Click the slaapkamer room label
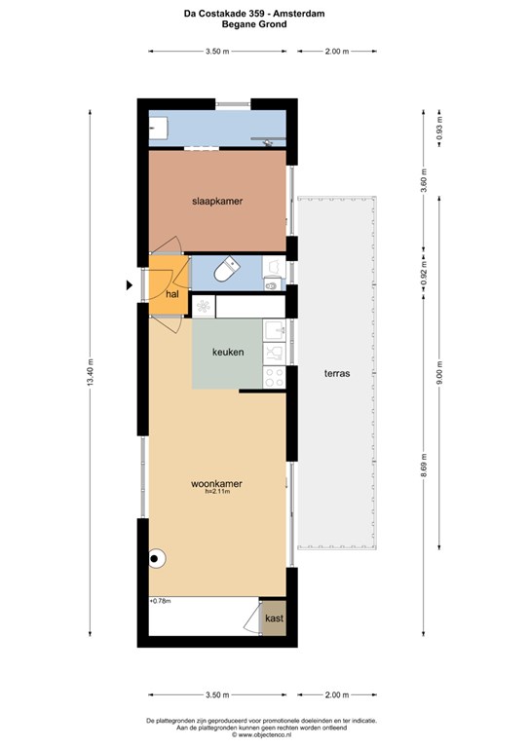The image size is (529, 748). click(x=217, y=202)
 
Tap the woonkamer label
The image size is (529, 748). click(x=216, y=483)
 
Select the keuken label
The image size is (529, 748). click(x=228, y=352)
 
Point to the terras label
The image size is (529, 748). click(x=337, y=374)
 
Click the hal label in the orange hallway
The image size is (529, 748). click(x=172, y=294)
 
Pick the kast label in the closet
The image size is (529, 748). click(x=275, y=618)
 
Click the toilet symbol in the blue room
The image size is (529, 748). click(x=226, y=269)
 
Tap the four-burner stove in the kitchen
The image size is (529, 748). click(x=275, y=377)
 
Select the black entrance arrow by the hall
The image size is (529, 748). click(x=129, y=285)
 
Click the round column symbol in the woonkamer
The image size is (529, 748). click(x=156, y=558)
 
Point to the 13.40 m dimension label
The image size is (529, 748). click(x=91, y=374)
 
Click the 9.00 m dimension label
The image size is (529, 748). click(x=439, y=373)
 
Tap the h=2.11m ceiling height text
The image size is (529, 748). click(x=217, y=491)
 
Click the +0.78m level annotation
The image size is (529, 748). click(x=161, y=601)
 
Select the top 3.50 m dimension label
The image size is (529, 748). click(x=217, y=52)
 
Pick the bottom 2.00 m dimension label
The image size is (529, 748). click(x=337, y=695)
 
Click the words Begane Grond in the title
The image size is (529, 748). click(x=254, y=23)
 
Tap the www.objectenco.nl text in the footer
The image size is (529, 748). click(x=265, y=735)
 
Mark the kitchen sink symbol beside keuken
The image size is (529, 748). click(x=275, y=330)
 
